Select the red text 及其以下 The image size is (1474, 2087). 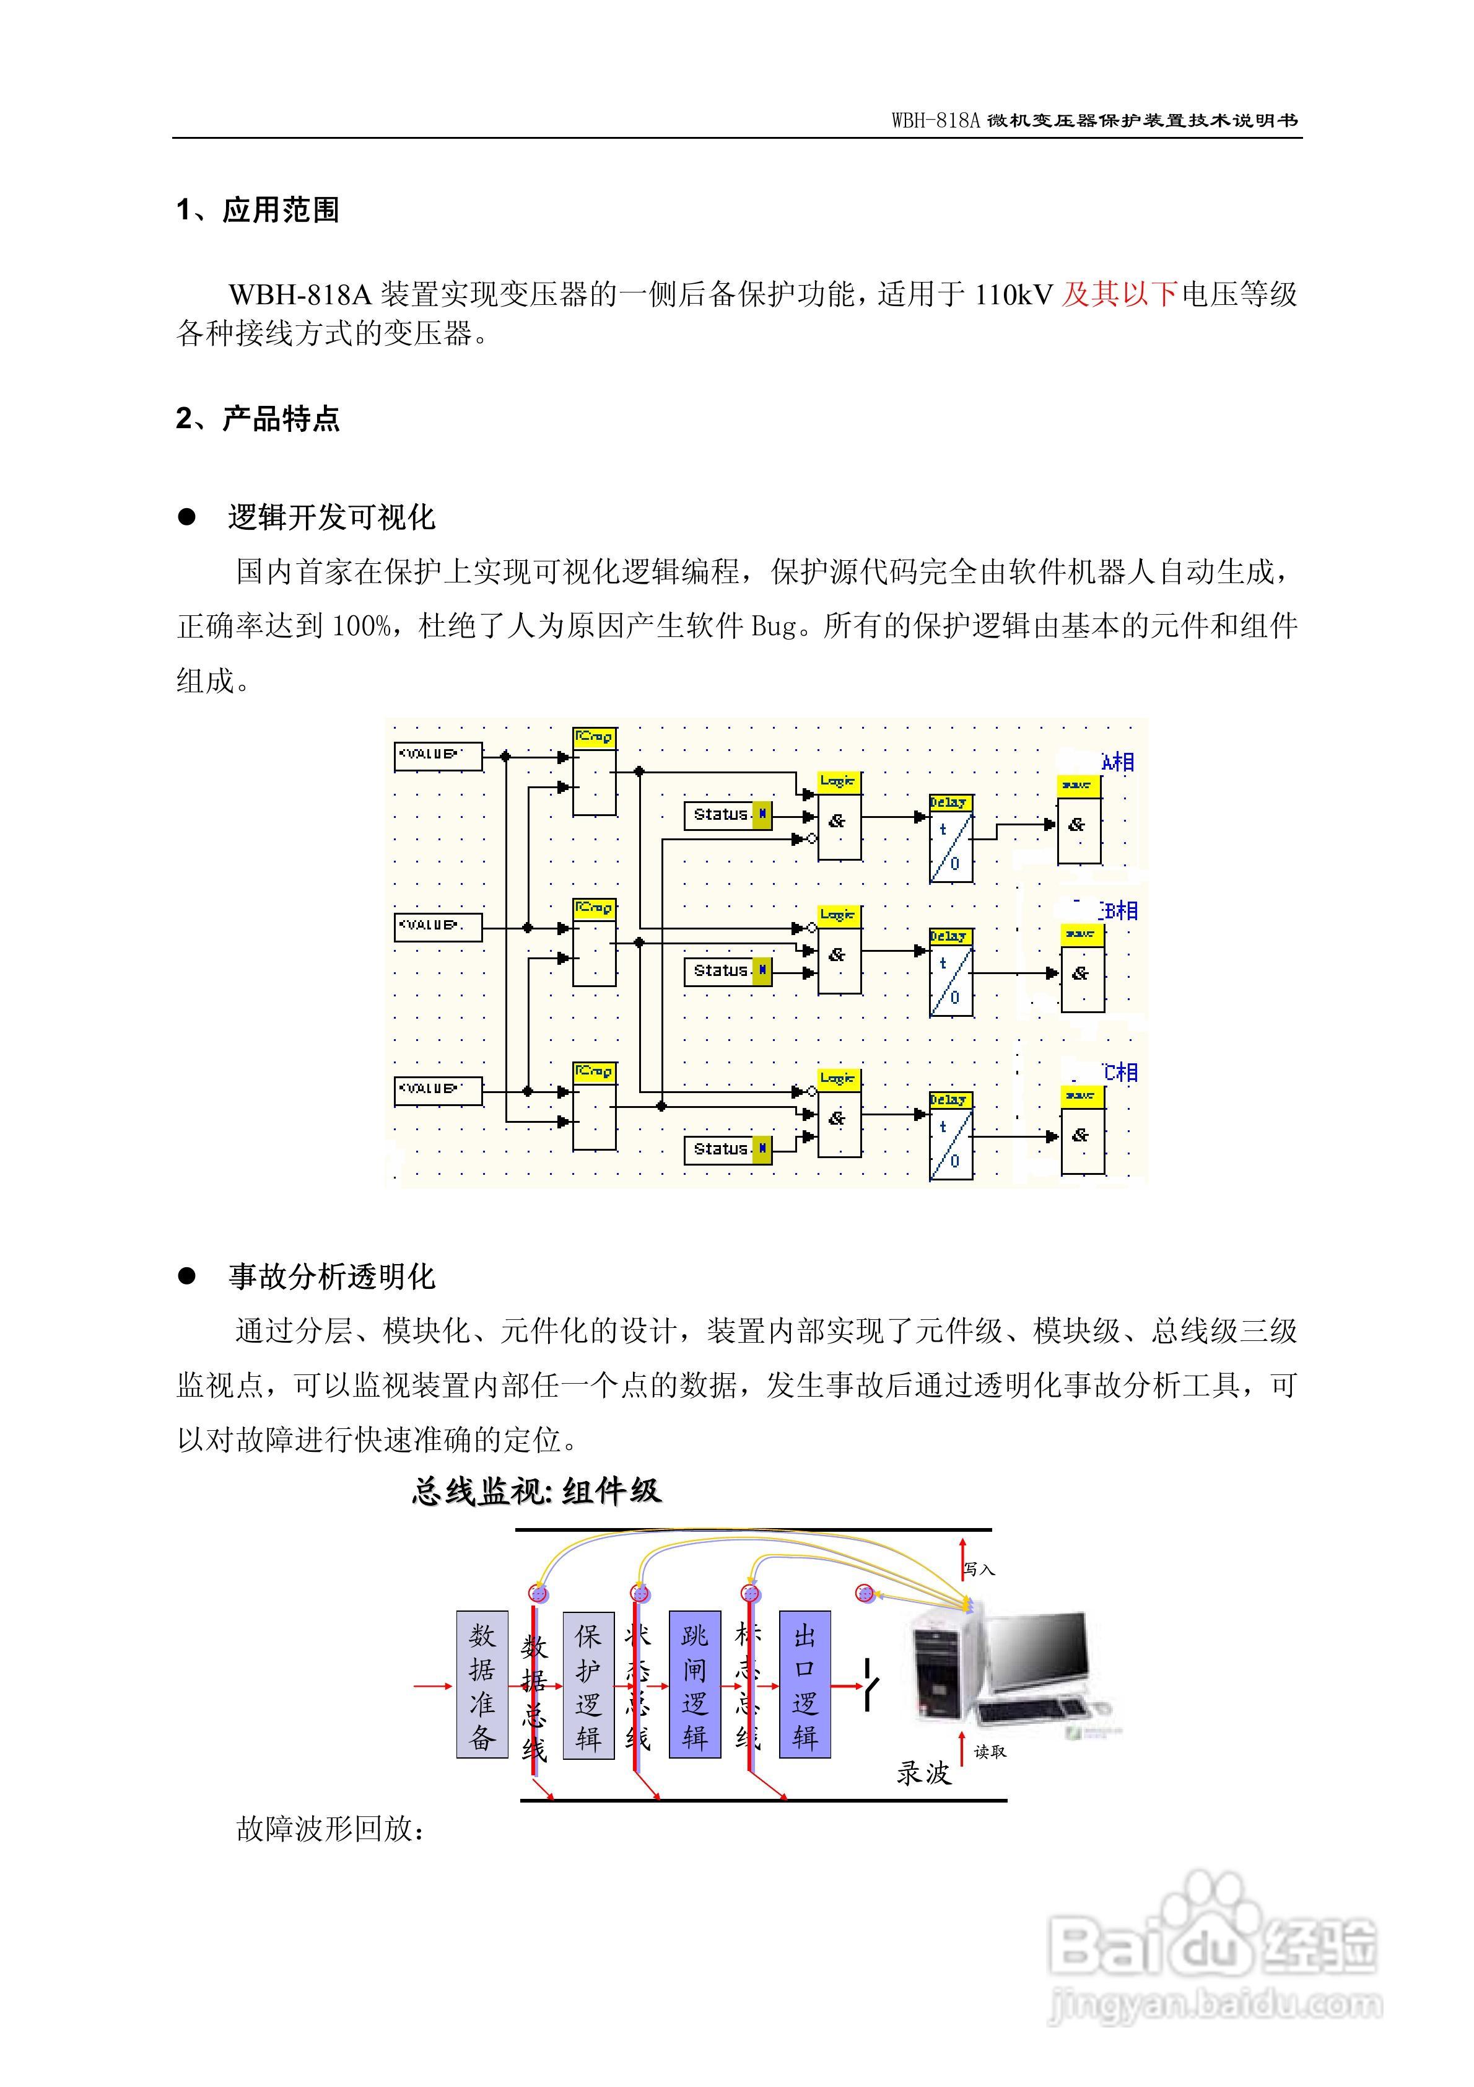tap(1120, 294)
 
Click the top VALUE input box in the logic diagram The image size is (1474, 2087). tap(437, 756)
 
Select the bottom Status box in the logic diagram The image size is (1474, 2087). tap(727, 1149)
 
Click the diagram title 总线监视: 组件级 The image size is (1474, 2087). tap(536, 1492)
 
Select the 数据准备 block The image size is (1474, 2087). tap(482, 1684)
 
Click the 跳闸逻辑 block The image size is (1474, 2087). tap(694, 1684)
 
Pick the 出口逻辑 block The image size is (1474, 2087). tap(805, 1684)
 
